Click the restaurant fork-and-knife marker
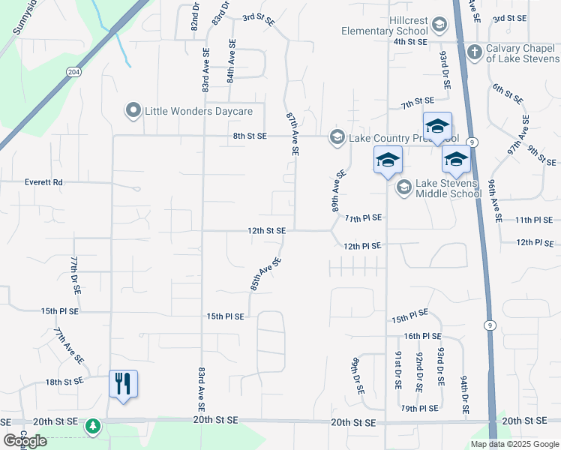(124, 383)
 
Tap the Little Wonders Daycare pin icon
(133, 111)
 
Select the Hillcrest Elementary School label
(384, 25)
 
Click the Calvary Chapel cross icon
(473, 52)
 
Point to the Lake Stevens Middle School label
(448, 188)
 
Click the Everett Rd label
(43, 182)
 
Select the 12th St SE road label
(266, 231)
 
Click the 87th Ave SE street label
(292, 134)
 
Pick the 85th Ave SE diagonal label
(265, 274)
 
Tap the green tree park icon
(92, 427)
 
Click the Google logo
(25, 441)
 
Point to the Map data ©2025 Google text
(514, 444)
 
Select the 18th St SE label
(63, 382)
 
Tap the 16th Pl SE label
(422, 337)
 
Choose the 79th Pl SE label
(418, 409)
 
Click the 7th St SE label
(418, 100)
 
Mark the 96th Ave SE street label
(494, 200)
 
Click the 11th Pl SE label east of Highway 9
(533, 220)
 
